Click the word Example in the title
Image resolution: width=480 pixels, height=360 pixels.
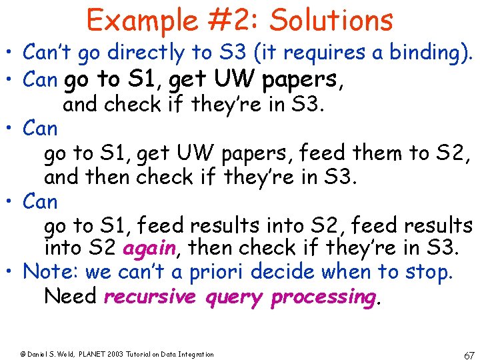tap(136, 20)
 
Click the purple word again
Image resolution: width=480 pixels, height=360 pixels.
tap(149, 249)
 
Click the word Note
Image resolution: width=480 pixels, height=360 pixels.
tap(45, 272)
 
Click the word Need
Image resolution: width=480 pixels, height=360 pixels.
tap(70, 295)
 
